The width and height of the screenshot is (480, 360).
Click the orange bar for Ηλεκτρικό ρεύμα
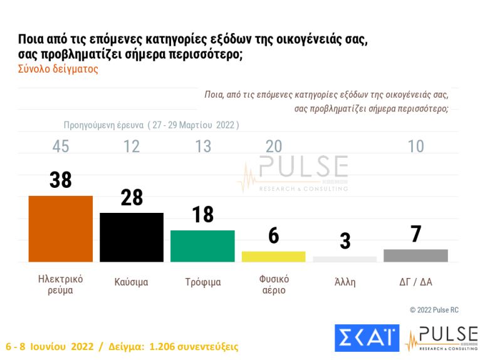pyautogui.click(x=61, y=229)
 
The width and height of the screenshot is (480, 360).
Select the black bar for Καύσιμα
pyautogui.click(x=132, y=237)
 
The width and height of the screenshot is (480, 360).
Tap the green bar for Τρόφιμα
pyautogui.click(x=202, y=246)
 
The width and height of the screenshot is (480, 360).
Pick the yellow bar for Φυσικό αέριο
pyautogui.click(x=273, y=257)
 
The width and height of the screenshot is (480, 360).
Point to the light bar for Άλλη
pyautogui.click(x=345, y=259)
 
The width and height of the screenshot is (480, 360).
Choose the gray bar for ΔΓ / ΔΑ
pyautogui.click(x=415, y=255)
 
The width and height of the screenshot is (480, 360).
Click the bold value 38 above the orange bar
pyautogui.click(x=61, y=180)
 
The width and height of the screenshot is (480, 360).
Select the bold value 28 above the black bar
pyautogui.click(x=132, y=197)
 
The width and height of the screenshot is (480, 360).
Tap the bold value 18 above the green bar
pyautogui.click(x=202, y=215)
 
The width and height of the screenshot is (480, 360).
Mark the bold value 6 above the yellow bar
pyautogui.click(x=273, y=236)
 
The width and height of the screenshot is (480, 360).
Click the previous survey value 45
pyautogui.click(x=61, y=147)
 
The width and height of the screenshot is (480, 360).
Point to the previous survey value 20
pyautogui.click(x=273, y=147)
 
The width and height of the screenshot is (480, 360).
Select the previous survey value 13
pyautogui.click(x=202, y=147)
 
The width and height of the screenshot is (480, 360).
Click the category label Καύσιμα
pyautogui.click(x=132, y=282)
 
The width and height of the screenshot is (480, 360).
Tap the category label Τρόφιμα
pyautogui.click(x=202, y=282)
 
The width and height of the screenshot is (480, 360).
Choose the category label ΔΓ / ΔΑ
pyautogui.click(x=415, y=282)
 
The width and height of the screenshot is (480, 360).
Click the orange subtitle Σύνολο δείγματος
pyautogui.click(x=58, y=69)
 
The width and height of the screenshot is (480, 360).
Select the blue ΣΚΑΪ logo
pyautogui.click(x=367, y=337)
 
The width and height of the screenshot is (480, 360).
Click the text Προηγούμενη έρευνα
pyautogui.click(x=103, y=125)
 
